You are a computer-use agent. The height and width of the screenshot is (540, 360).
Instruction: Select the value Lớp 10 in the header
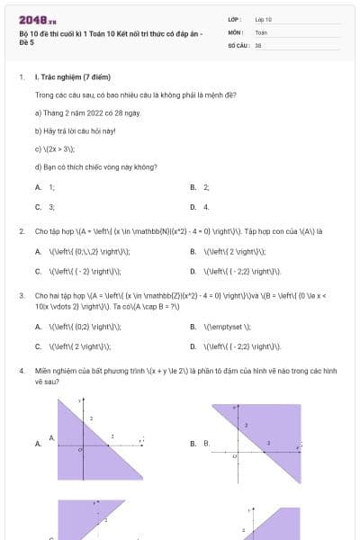point(264,18)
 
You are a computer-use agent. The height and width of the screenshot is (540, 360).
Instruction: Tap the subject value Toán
point(261,31)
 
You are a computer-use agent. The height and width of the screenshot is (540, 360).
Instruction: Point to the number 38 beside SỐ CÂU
point(258,44)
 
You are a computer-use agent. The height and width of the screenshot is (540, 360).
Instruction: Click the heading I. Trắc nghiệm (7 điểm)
point(69,77)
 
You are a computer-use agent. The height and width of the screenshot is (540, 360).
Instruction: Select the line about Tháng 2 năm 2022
point(75,112)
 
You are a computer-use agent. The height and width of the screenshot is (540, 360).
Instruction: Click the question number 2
point(21,230)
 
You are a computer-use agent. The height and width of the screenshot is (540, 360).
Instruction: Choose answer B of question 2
point(226,251)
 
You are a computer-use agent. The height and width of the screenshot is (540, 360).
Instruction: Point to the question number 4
point(21,370)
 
